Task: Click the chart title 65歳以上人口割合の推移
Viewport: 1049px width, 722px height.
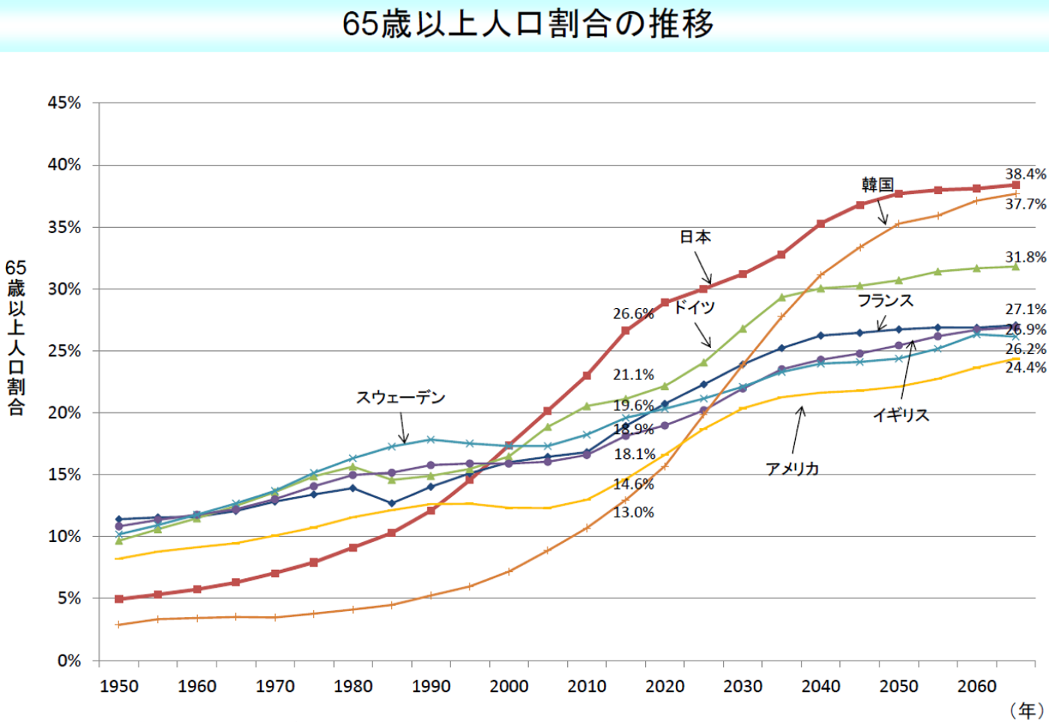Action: tap(527, 24)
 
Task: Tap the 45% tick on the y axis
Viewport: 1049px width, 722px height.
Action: tap(64, 103)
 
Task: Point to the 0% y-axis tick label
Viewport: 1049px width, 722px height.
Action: tap(68, 661)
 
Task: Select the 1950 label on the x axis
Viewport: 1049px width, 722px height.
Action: tap(119, 686)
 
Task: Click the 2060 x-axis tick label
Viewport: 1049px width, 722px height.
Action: tap(976, 686)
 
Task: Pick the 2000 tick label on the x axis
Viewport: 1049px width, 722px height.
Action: tap(509, 686)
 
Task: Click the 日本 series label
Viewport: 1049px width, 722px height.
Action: tap(695, 237)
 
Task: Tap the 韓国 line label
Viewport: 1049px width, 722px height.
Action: tap(877, 184)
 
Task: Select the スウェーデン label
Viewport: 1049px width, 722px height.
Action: tap(400, 397)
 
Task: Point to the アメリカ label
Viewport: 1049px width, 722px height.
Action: tap(792, 469)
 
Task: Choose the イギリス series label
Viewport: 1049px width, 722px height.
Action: tap(901, 415)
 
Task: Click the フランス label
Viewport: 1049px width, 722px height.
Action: tap(885, 301)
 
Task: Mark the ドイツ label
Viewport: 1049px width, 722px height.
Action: tap(694, 307)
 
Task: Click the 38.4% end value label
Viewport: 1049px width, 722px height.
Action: tap(1025, 174)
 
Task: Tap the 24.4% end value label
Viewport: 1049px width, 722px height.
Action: tap(1025, 367)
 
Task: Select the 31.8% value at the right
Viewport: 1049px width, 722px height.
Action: tap(1025, 257)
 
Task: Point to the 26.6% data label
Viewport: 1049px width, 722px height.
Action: tap(633, 313)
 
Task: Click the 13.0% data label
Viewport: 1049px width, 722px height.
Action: tap(633, 512)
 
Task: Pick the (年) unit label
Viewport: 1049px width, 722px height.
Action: tap(1026, 710)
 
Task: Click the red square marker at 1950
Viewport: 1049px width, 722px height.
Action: tap(118, 599)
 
